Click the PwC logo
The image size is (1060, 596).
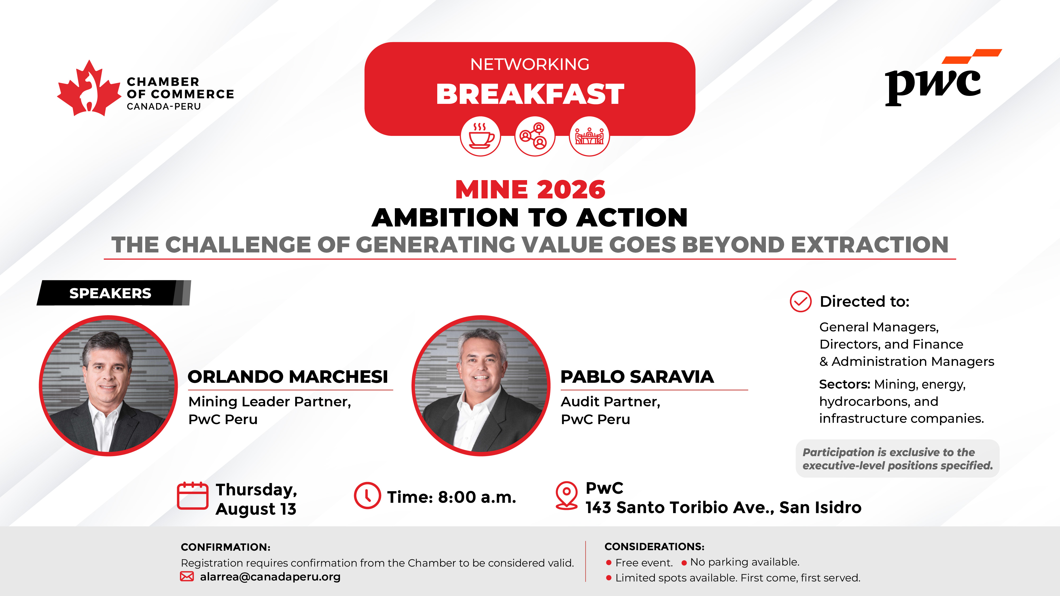pyautogui.click(x=942, y=78)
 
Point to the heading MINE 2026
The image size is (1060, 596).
pyautogui.click(x=530, y=190)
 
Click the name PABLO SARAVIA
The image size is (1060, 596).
pyautogui.click(x=637, y=377)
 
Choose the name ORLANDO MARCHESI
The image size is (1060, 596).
pyautogui.click(x=288, y=377)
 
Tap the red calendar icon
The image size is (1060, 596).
pyautogui.click(x=193, y=495)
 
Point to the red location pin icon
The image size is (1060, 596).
pyautogui.click(x=567, y=496)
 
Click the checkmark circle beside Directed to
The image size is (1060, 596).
pyautogui.click(x=800, y=301)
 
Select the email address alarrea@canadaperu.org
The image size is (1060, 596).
pyautogui.click(x=270, y=577)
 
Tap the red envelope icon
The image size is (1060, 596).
pyautogui.click(x=187, y=577)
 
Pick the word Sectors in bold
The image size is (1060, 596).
pyautogui.click(x=844, y=384)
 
